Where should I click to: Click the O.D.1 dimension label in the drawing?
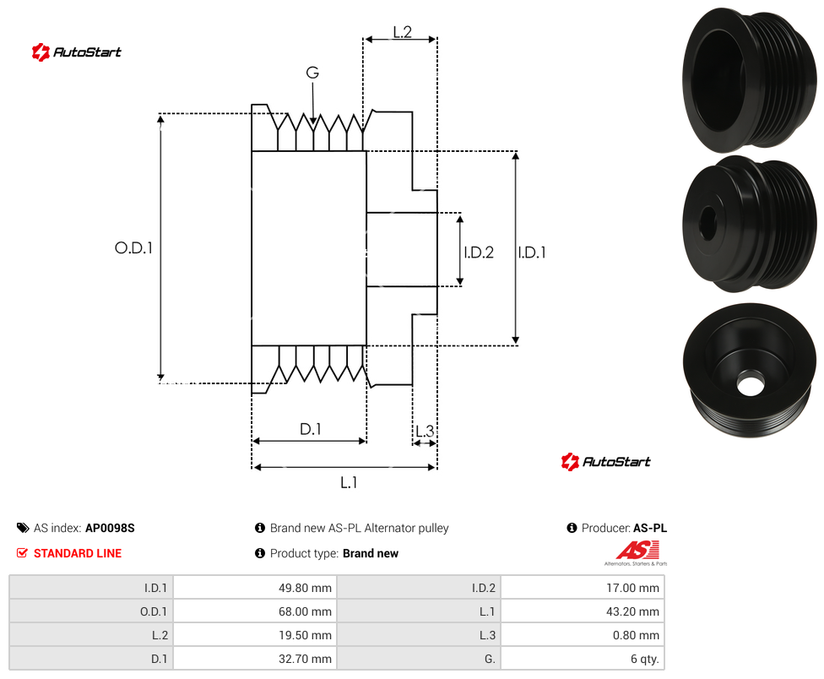pyautogui.click(x=133, y=247)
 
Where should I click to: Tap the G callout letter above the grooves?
pyautogui.click(x=312, y=73)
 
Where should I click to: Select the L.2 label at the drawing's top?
pyautogui.click(x=402, y=32)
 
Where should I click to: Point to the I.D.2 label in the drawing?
pyautogui.click(x=479, y=253)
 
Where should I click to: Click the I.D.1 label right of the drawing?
pyautogui.click(x=532, y=253)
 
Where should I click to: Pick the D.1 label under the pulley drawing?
pyautogui.click(x=310, y=429)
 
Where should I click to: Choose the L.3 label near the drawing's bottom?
pyautogui.click(x=425, y=432)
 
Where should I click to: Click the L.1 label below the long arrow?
pyautogui.click(x=349, y=482)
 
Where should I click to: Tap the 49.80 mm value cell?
pyautogui.click(x=254, y=588)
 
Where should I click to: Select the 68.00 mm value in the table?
pyautogui.click(x=254, y=611)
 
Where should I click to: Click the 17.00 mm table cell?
pyautogui.click(x=583, y=588)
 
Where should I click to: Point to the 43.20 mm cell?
pyautogui.click(x=583, y=611)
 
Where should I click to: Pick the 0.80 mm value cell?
pyautogui.click(x=583, y=635)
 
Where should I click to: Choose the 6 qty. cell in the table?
pyautogui.click(x=583, y=659)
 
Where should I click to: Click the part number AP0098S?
pyautogui.click(x=110, y=528)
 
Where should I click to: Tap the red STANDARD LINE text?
pyautogui.click(x=78, y=553)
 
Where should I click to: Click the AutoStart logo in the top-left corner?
pyautogui.click(x=76, y=52)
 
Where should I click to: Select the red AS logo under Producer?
pyautogui.click(x=637, y=551)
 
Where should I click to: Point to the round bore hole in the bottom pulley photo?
pyautogui.click(x=750, y=383)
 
